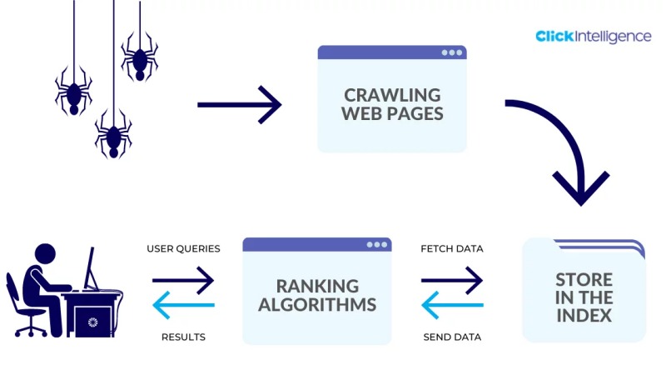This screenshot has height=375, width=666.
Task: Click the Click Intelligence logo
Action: [x=594, y=37]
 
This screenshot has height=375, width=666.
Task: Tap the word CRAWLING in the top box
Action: [x=392, y=94]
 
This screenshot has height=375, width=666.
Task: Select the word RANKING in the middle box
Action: [x=317, y=286]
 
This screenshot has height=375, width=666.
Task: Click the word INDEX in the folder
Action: [x=584, y=316]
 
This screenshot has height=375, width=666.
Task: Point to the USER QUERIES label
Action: [x=183, y=248]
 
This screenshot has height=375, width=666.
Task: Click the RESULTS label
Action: [x=183, y=337]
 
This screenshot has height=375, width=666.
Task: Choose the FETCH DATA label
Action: [x=452, y=248]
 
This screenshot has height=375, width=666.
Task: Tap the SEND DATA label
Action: [x=452, y=337]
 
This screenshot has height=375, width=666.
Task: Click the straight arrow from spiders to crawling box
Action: [x=239, y=105]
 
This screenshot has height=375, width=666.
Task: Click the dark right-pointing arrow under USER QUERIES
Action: [x=183, y=282]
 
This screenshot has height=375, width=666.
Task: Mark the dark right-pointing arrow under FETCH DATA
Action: [x=452, y=282]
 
